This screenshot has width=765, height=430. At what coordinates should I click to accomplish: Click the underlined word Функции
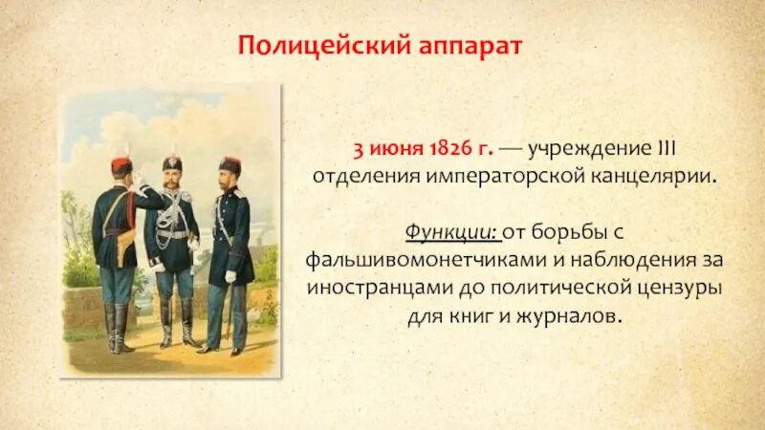(x=445, y=233)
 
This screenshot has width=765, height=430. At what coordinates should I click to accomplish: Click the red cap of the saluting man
(x=120, y=165)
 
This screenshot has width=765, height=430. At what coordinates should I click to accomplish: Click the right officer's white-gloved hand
(x=229, y=276)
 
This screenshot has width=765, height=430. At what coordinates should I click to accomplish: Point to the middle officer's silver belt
(x=172, y=235)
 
